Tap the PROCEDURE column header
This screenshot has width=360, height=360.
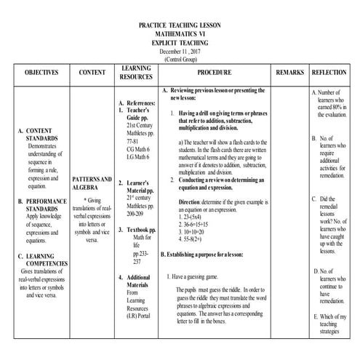(x=215, y=74)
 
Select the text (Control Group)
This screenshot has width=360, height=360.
(x=180, y=60)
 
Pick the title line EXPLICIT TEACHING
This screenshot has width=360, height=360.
(x=180, y=43)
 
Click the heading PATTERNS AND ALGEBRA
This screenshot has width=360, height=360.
(x=92, y=183)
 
